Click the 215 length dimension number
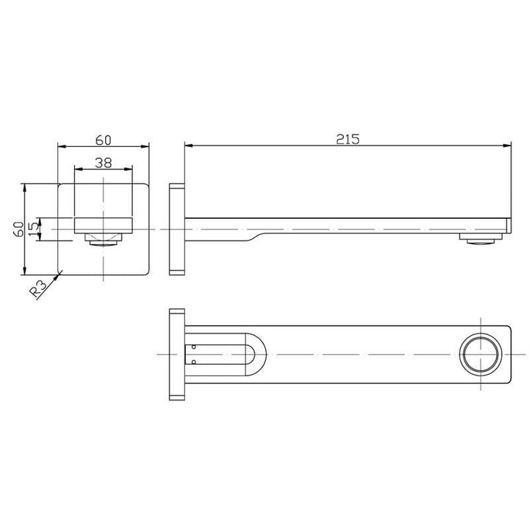(x=348, y=138)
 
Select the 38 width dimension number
(x=104, y=164)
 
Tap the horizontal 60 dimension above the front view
(x=104, y=138)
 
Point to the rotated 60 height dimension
(x=17, y=228)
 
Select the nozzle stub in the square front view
(x=104, y=239)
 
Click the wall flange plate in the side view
(x=177, y=229)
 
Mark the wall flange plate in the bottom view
(x=177, y=354)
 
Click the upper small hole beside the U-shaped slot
(x=193, y=346)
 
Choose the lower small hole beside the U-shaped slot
(x=193, y=362)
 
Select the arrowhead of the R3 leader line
(x=62, y=274)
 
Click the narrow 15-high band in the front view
(x=104, y=225)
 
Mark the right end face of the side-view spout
(x=509, y=225)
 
